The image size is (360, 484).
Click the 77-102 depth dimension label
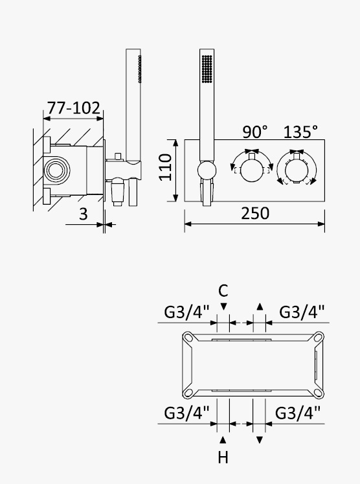pos(74,108)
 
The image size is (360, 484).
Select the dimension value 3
pos(84,214)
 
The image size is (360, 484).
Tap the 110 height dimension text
pos(165,167)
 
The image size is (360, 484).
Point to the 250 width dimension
pos(255,213)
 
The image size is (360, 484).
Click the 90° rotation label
pos(255,132)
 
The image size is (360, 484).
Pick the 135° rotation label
pos(300,132)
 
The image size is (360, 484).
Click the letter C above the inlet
pos(223,291)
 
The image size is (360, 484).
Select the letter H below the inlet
pos(223,457)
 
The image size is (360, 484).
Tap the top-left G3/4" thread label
pos(187,312)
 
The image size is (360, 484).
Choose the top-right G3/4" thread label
pos(302,312)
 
